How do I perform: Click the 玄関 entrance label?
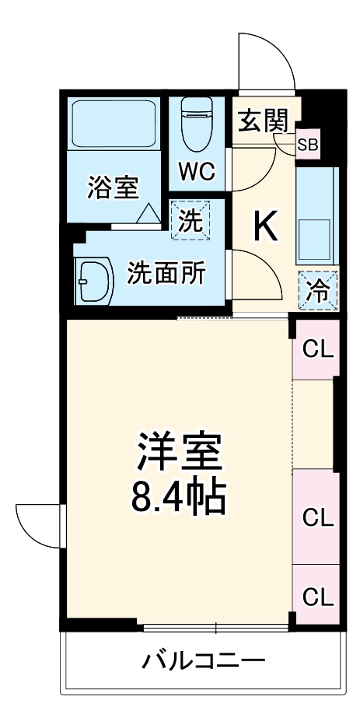click(263, 121)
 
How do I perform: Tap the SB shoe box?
click(308, 145)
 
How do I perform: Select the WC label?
click(197, 172)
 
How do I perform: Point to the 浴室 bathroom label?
click(114, 187)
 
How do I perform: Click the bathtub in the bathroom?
click(114, 123)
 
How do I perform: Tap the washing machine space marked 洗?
click(190, 220)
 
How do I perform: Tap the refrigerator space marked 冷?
click(318, 291)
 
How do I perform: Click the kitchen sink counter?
click(317, 215)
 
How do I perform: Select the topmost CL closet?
click(317, 349)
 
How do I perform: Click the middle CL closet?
click(317, 517)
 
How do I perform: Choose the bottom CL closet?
click(317, 596)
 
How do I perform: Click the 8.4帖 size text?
click(178, 499)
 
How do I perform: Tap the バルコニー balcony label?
click(204, 660)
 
